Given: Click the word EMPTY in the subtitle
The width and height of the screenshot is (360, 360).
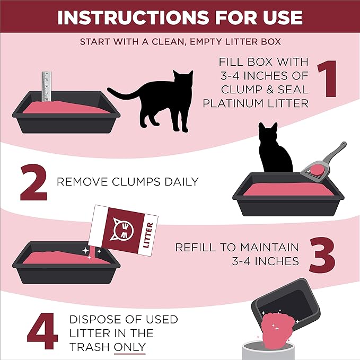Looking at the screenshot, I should coord(197,41).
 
